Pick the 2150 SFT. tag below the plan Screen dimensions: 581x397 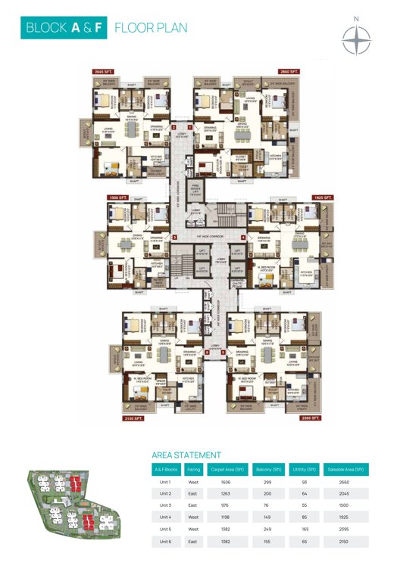point(123,417)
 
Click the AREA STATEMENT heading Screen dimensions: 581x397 point(186,455)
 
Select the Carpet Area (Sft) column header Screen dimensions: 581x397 point(228,469)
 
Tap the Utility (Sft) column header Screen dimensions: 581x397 point(304,469)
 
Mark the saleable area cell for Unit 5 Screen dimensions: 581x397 point(345,530)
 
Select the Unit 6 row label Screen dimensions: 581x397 point(165,542)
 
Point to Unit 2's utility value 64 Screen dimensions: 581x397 point(304,492)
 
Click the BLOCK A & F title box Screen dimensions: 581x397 point(64,28)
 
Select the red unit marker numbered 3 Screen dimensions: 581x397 point(175,238)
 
